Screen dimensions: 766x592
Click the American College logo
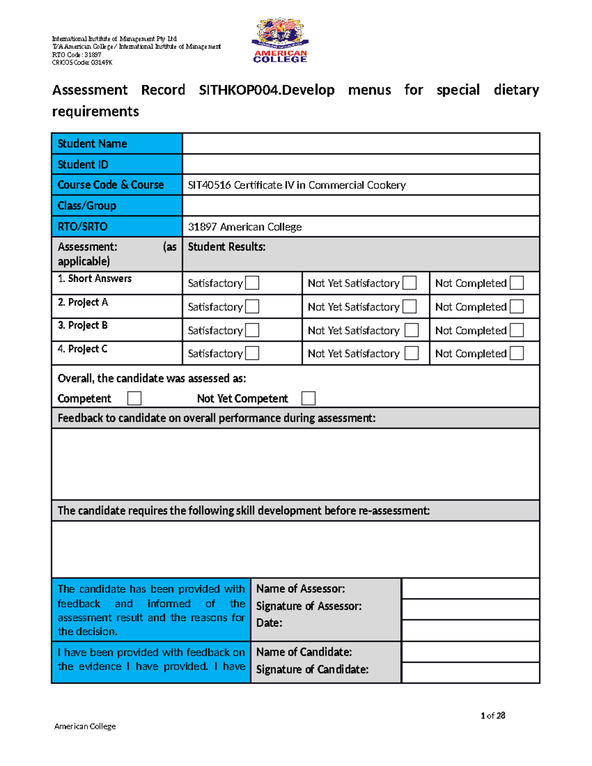[x=280, y=41]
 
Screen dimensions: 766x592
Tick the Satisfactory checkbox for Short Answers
[x=252, y=283]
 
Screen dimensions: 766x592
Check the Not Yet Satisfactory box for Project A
[x=409, y=307]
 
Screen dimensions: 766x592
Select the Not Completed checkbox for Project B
[x=517, y=330]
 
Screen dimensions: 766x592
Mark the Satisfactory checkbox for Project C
[x=252, y=353]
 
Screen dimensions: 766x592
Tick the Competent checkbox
[x=134, y=398]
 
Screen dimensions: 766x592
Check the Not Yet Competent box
[x=308, y=398]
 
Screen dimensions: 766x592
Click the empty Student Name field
[x=361, y=144]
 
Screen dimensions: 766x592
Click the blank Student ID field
[x=361, y=164]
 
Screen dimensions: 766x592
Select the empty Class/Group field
[x=361, y=206]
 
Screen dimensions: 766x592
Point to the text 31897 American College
[x=245, y=227]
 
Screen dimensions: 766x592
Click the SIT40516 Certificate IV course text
[x=296, y=185]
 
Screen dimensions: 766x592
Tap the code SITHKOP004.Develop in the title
[x=266, y=90]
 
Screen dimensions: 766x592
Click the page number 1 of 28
[x=492, y=716]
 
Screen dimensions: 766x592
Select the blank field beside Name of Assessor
[x=471, y=588]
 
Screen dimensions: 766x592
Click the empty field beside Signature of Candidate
[x=471, y=672]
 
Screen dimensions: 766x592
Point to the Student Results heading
[x=226, y=247]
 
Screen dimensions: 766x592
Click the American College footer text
[x=85, y=726]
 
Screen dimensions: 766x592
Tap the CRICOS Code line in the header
[x=82, y=63]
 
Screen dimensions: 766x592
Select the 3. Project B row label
[x=83, y=326]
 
